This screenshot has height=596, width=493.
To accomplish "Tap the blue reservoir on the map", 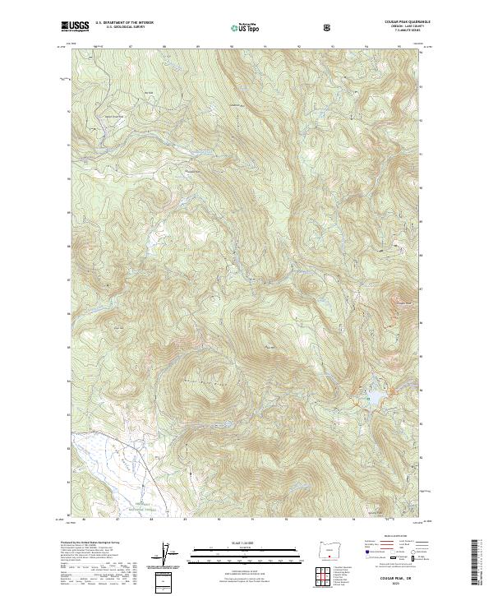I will click(x=374, y=399).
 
